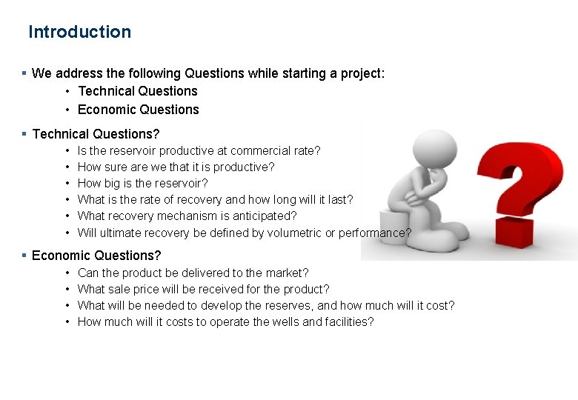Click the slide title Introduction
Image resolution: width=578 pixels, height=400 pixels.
pos(79,32)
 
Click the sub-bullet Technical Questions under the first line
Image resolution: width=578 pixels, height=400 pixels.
pos(137,91)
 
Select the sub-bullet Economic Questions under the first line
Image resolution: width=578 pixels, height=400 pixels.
pos(138,110)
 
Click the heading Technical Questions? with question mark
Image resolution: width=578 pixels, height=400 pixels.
pos(96,134)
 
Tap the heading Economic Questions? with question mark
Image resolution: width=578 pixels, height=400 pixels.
pos(96,256)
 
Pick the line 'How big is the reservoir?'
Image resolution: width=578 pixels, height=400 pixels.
pos(142,183)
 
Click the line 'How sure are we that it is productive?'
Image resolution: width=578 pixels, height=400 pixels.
pos(176,167)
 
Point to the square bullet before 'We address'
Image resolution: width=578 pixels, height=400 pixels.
pos(24,73)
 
